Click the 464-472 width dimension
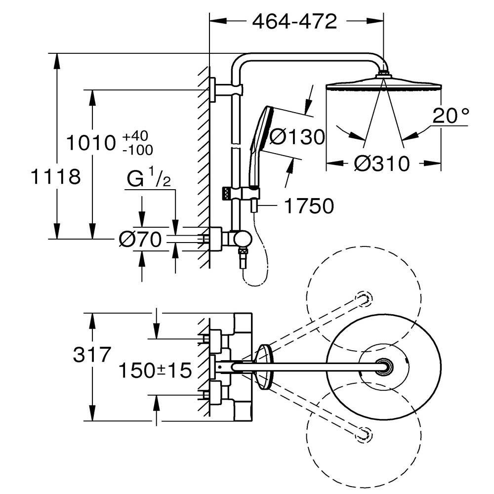[294, 21]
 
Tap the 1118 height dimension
[56, 176]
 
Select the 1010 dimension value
[91, 143]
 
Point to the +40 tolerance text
[135, 136]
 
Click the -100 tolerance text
[138, 150]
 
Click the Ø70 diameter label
[140, 240]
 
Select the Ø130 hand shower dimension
[297, 137]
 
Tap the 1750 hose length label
[309, 206]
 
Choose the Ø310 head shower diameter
[382, 164]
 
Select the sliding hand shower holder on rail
[242, 193]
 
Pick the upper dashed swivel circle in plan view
[364, 298]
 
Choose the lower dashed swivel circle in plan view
[364, 435]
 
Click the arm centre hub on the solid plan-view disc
[384, 367]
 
